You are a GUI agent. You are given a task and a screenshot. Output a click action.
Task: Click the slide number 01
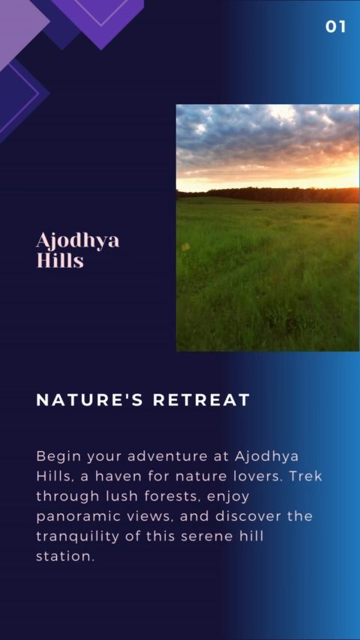point(335,27)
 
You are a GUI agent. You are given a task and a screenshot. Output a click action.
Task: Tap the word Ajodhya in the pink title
point(78,241)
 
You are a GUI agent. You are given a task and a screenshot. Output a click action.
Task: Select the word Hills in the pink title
point(60,260)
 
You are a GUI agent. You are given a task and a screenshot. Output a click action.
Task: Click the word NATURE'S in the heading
point(90,400)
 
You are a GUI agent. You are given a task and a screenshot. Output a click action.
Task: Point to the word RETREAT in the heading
point(201,400)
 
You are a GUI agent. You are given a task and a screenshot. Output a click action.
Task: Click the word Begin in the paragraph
point(58,456)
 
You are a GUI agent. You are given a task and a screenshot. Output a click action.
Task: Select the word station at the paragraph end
point(65,556)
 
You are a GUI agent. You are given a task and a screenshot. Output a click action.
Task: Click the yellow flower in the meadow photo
point(186,246)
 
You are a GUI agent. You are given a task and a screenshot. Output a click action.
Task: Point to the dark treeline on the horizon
point(268,195)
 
